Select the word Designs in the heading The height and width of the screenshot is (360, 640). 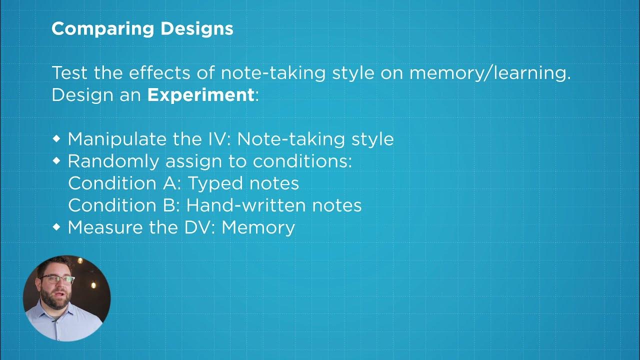(197, 29)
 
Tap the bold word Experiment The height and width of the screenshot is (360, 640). (200, 95)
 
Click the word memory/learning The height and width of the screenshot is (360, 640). (489, 73)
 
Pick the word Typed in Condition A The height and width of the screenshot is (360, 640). (210, 183)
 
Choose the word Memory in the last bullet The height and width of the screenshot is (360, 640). (258, 227)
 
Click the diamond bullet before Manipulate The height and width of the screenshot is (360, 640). (56, 138)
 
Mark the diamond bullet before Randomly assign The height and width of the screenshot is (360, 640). (56, 160)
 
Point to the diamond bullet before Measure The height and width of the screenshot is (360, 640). (56, 226)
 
